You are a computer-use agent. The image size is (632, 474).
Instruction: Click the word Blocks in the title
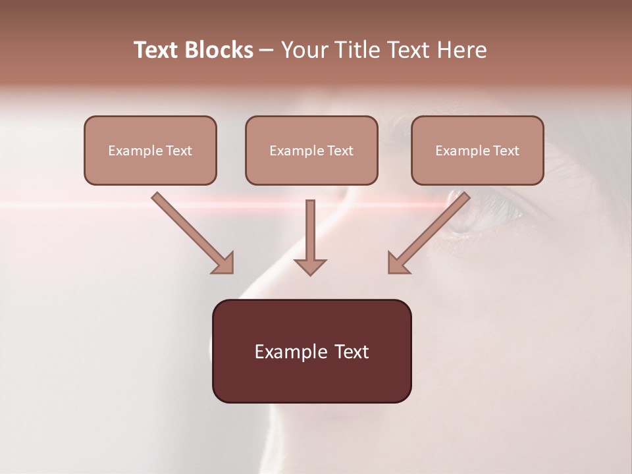coord(218,50)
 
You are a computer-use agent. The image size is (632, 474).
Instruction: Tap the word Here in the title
coord(461,50)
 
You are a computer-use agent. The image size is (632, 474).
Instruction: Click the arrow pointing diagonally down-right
coord(191,231)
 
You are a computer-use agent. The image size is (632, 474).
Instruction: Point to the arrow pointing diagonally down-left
coord(429,231)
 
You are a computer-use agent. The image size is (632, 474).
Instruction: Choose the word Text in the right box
coord(506,151)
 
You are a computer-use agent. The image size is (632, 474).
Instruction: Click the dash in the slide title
coord(267,51)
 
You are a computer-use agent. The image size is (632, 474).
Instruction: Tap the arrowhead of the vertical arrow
coord(310,266)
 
